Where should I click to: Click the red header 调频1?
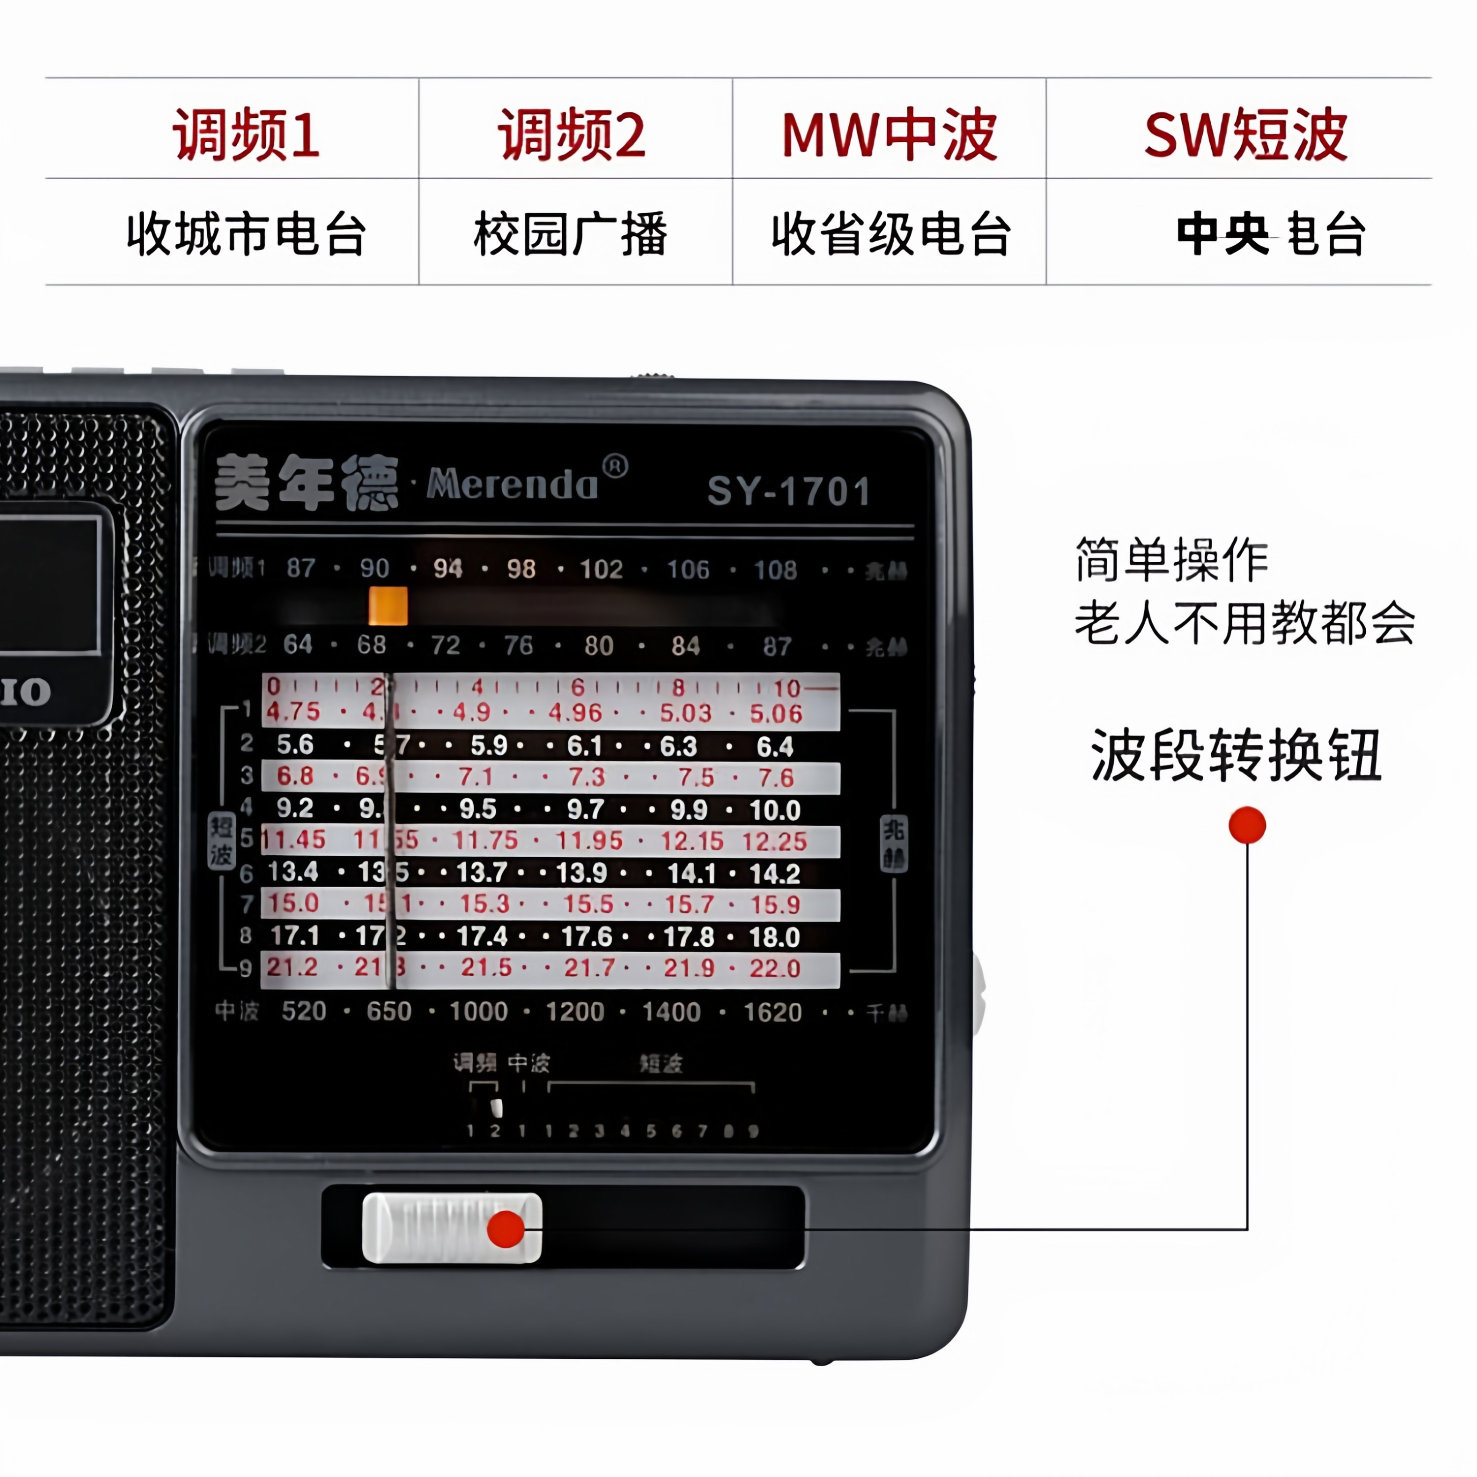click(246, 134)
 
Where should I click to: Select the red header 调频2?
click(572, 134)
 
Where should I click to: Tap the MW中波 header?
click(889, 134)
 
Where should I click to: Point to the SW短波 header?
click(1246, 134)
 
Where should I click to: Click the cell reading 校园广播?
click(570, 234)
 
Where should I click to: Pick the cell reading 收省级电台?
click(892, 234)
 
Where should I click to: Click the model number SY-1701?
click(789, 491)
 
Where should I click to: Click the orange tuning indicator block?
click(387, 606)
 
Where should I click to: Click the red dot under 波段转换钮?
click(1247, 826)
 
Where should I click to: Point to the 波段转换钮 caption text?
click(1236, 755)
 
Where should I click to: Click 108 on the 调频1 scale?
click(775, 570)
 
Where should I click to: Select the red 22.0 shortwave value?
click(774, 968)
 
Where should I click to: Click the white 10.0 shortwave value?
click(774, 810)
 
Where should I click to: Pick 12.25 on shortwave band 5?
click(774, 842)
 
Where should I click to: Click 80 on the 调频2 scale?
click(599, 646)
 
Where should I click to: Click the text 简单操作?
click(1171, 560)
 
